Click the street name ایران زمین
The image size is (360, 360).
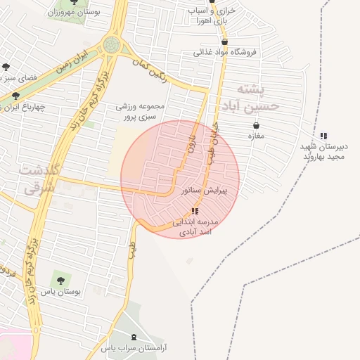pyautogui.click(x=72, y=58)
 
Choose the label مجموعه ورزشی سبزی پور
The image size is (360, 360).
pyautogui.click(x=141, y=111)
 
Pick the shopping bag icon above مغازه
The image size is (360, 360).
pyautogui.click(x=255, y=125)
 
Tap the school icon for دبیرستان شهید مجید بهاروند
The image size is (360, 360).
pyautogui.click(x=323, y=136)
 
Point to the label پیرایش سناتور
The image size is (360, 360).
pyautogui.click(x=202, y=191)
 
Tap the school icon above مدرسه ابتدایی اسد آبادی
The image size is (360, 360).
pyautogui.click(x=195, y=211)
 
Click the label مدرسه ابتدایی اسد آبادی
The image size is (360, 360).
pyautogui.click(x=195, y=226)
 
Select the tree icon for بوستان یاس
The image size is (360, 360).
pyautogui.click(x=59, y=281)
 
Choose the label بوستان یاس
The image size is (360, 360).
pyautogui.click(x=60, y=291)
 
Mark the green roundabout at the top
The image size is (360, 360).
pyautogui.click(x=111, y=45)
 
